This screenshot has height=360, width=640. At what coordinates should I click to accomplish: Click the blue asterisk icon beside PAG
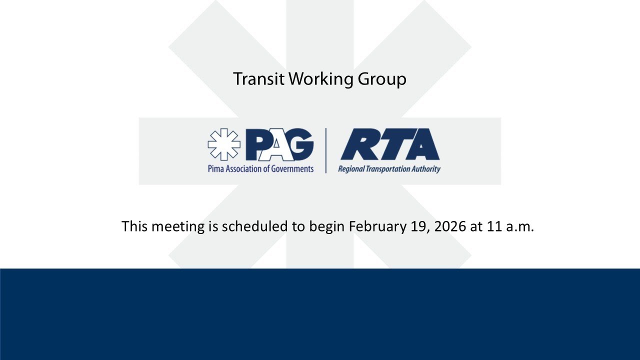point(223,144)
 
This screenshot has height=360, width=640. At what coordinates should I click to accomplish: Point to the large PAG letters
point(280,144)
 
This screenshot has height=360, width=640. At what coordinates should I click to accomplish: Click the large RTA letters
point(389,144)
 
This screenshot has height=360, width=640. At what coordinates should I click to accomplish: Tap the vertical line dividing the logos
point(326,150)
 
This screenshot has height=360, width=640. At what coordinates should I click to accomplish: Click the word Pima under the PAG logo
point(215,168)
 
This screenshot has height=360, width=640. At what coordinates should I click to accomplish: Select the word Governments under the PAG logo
point(292,168)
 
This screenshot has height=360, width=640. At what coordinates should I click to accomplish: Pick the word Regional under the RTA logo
point(350,169)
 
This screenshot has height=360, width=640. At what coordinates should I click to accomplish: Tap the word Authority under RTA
point(427,169)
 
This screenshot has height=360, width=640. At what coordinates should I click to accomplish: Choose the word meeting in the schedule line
point(178,226)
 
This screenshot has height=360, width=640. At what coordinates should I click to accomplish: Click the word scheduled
point(256,226)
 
